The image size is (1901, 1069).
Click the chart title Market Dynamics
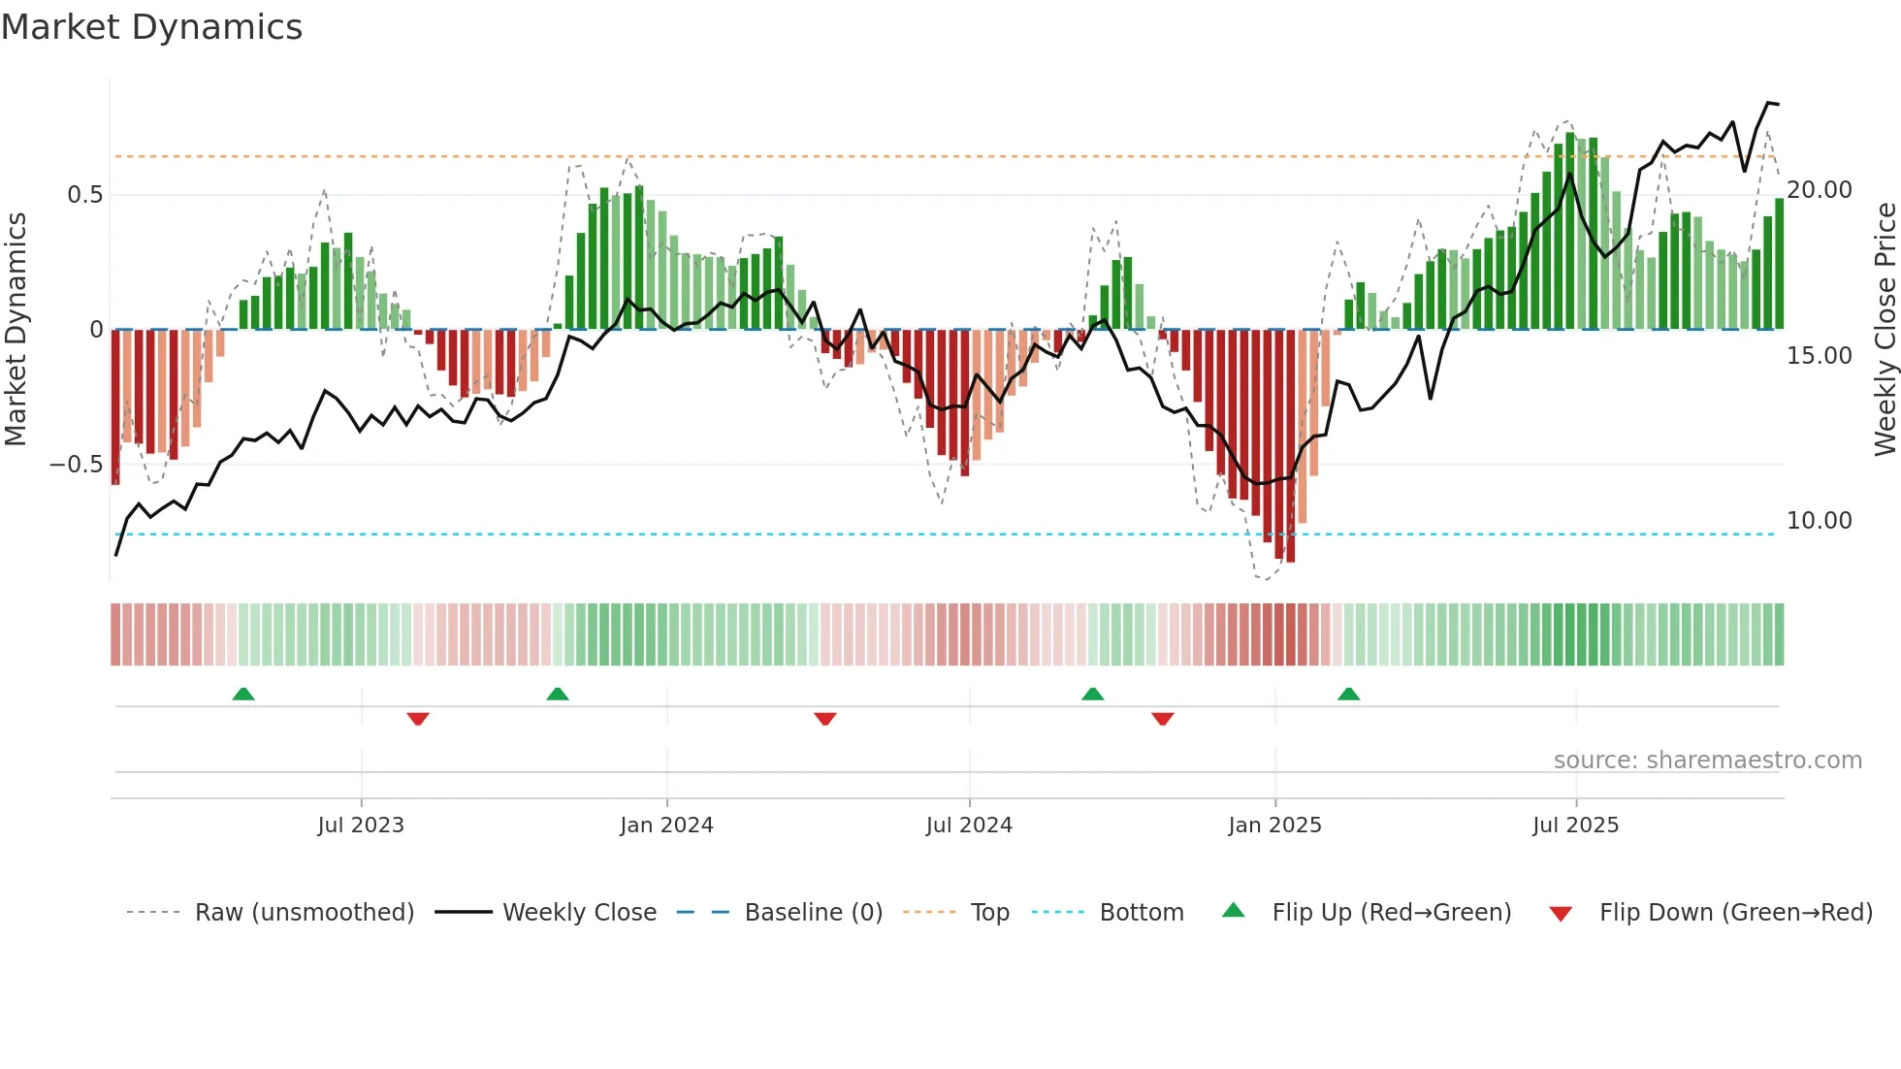click(151, 27)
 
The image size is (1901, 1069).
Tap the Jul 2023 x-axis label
click(360, 826)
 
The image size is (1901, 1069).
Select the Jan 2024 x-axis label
click(666, 826)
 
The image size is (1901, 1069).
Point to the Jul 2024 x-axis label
click(969, 826)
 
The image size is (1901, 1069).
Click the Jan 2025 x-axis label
click(1274, 826)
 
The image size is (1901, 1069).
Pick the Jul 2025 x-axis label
click(1575, 826)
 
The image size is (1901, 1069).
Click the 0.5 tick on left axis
click(84, 195)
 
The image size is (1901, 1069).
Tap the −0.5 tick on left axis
click(76, 465)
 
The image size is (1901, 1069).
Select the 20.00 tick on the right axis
click(1820, 190)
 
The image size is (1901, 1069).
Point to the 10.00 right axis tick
click(1820, 521)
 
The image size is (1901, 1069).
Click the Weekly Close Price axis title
click(1885, 330)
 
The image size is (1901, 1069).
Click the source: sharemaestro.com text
click(1707, 761)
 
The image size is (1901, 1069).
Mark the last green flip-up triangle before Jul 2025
click(1348, 695)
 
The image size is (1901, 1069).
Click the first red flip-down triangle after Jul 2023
click(418, 719)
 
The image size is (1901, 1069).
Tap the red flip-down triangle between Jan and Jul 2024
click(825, 719)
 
